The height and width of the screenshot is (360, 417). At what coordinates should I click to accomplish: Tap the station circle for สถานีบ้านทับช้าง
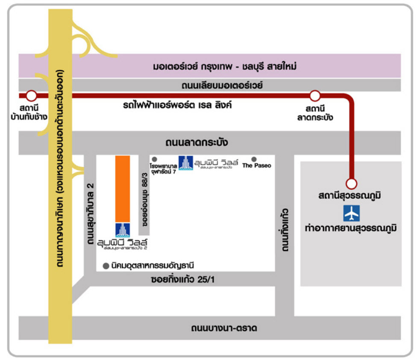31,95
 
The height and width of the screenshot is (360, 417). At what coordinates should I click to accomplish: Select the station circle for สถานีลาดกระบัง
315,95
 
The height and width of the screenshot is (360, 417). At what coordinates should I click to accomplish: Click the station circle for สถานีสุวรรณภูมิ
351,184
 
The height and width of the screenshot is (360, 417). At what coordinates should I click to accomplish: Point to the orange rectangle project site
123,188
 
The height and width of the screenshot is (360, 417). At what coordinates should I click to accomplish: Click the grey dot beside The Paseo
254,159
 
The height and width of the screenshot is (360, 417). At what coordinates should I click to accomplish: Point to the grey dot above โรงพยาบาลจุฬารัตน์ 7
154,159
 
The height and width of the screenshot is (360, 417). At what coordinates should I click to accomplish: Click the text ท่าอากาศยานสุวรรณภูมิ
351,228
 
